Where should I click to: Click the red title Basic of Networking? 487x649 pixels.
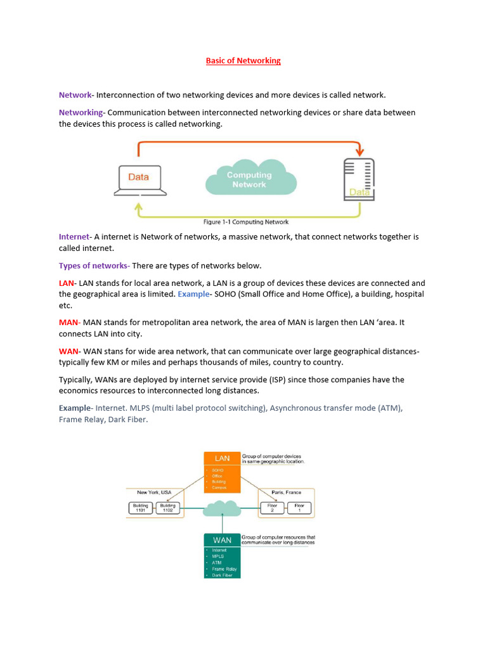(243, 61)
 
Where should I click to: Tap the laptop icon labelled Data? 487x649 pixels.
(139, 179)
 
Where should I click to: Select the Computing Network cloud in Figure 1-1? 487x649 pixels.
(250, 179)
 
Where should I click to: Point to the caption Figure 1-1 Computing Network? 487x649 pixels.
(246, 222)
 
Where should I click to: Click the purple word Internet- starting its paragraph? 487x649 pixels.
(75, 236)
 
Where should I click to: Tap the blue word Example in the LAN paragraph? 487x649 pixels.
(193, 294)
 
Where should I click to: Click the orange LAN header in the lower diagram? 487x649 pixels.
(222, 458)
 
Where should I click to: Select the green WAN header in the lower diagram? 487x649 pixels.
(222, 539)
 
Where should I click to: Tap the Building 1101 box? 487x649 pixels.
(140, 508)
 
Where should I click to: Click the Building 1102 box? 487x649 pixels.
(167, 508)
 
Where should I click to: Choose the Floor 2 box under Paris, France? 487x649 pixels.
(273, 508)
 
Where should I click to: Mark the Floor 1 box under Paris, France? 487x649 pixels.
(299, 508)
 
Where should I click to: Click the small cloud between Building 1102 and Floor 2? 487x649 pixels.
(222, 508)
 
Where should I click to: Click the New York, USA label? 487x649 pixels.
(154, 492)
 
